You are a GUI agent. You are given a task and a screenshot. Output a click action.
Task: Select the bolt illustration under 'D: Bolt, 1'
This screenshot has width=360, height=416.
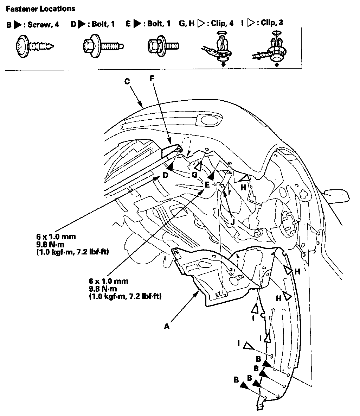102,45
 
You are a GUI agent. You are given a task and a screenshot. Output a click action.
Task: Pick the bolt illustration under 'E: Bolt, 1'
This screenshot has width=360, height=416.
162,45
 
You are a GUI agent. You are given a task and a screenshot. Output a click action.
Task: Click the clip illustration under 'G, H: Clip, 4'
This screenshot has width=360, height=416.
218,49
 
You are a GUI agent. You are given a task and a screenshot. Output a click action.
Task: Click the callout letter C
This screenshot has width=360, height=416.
127,81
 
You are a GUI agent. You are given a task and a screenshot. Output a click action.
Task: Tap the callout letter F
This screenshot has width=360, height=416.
152,78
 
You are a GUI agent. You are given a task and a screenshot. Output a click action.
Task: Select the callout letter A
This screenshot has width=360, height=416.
167,327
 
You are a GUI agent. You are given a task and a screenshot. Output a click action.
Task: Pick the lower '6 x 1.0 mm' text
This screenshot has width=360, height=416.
109,281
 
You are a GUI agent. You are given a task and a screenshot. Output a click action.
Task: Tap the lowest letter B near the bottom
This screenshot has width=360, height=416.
236,380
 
